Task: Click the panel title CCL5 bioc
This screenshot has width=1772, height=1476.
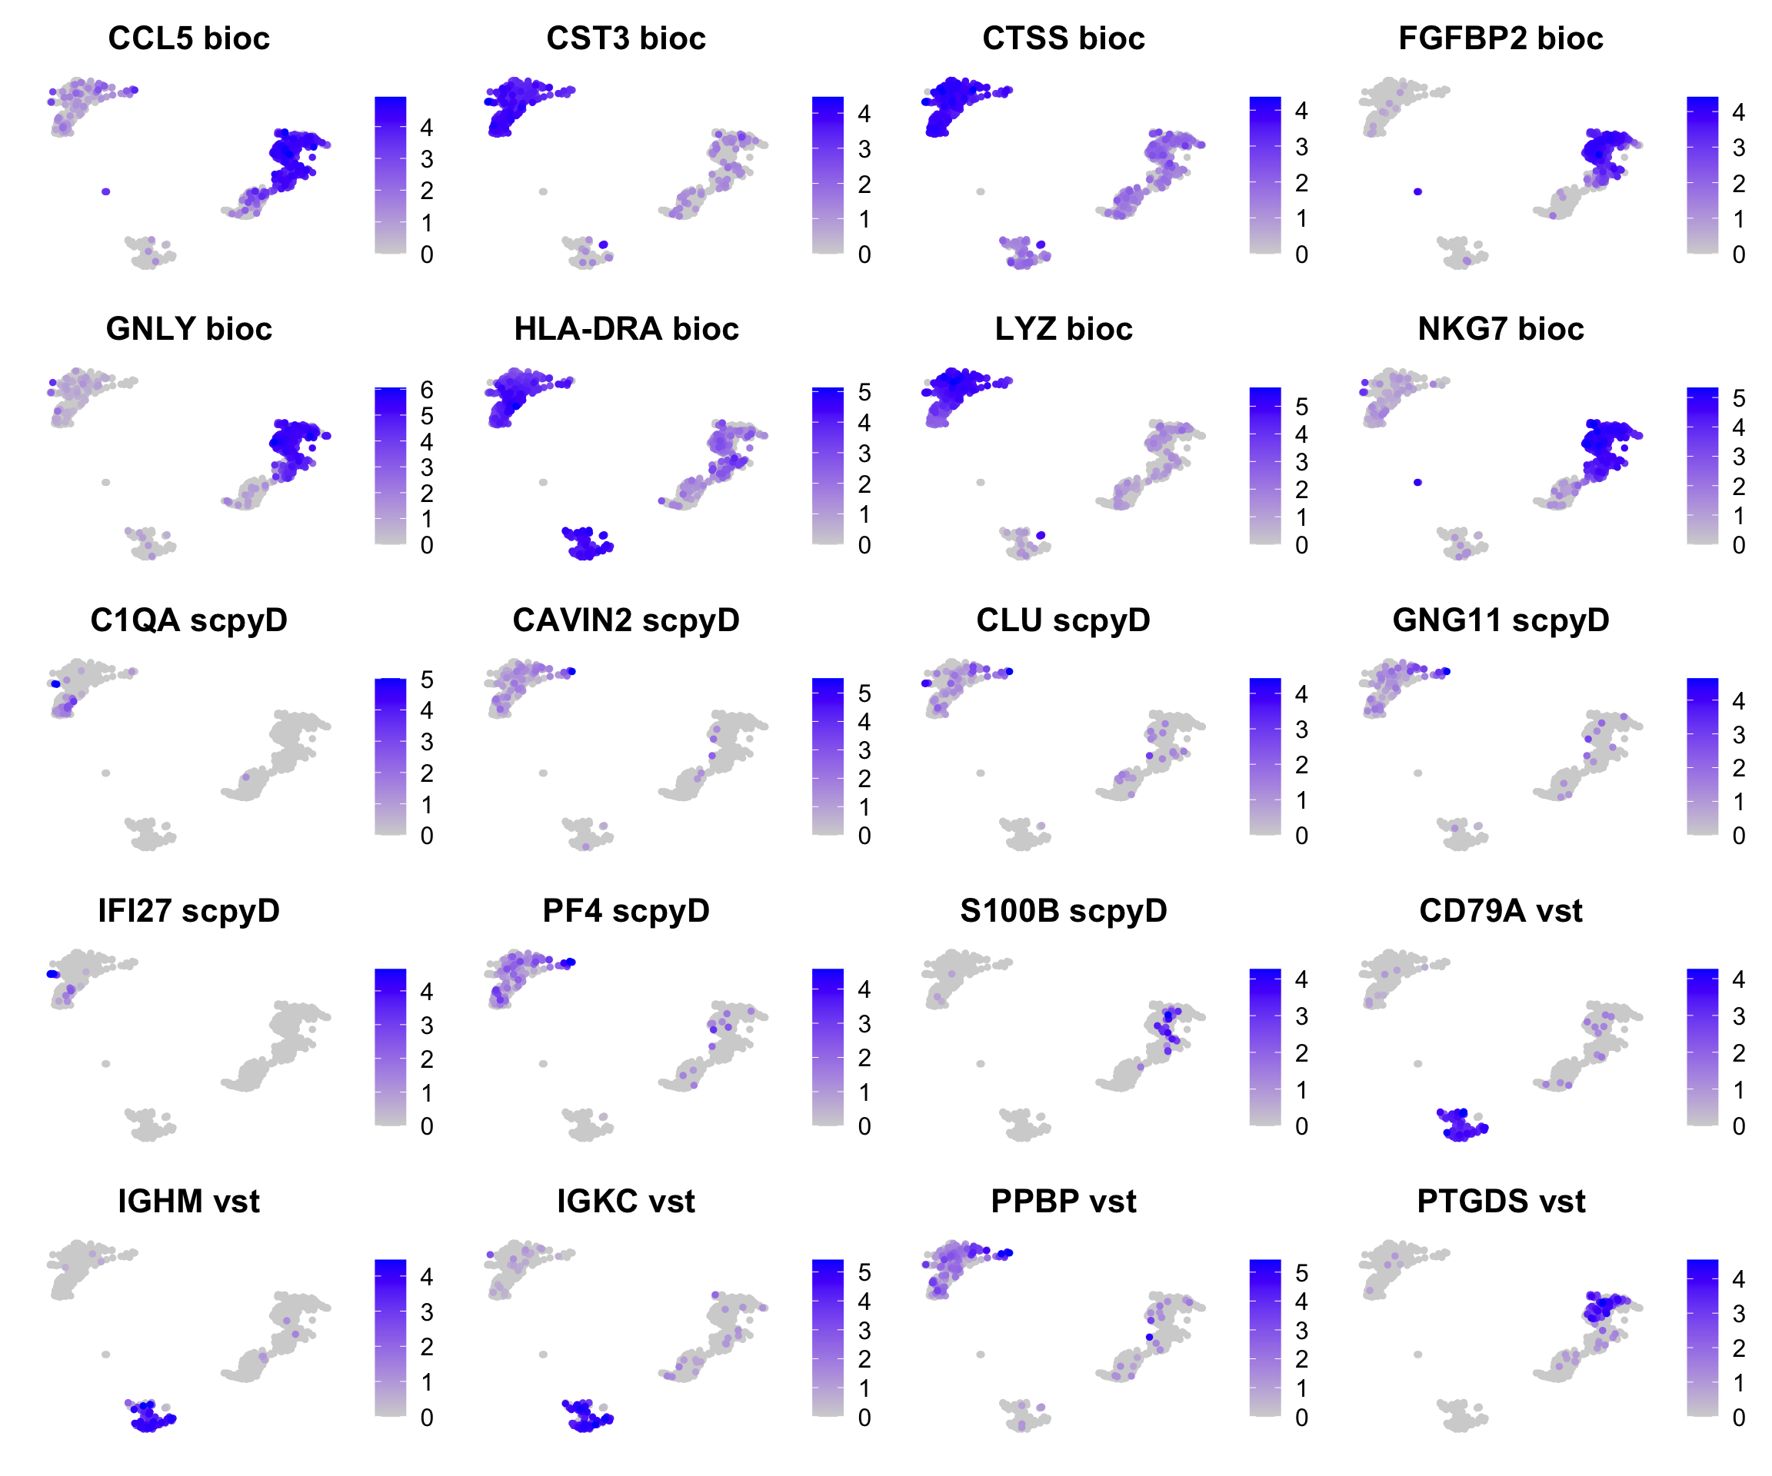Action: [x=189, y=38]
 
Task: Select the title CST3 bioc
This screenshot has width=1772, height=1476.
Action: [x=626, y=38]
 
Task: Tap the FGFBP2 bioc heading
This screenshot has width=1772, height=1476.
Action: [x=1501, y=38]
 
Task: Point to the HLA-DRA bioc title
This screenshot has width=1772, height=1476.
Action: [x=626, y=329]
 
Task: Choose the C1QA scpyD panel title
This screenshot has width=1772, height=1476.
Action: [x=189, y=620]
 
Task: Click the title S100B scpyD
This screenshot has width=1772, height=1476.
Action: [x=1063, y=911]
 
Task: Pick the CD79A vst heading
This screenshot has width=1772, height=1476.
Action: [x=1501, y=911]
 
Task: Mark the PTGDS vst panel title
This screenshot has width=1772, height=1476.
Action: [x=1501, y=1201]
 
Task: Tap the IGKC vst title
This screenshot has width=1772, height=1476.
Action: [x=626, y=1201]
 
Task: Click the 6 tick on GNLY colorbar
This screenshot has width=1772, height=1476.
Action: [x=427, y=390]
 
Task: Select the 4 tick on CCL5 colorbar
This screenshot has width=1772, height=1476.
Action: [x=427, y=128]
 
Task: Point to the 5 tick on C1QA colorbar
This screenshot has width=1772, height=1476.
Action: [x=427, y=680]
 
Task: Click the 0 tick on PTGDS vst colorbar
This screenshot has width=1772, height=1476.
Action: [x=1738, y=1418]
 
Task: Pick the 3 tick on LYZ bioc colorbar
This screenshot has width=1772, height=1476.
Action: [x=1302, y=462]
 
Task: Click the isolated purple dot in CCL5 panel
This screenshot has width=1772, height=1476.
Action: [x=105, y=191]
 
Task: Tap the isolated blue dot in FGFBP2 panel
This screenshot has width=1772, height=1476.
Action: [x=1417, y=191]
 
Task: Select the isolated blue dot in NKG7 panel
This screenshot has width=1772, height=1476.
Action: [x=1417, y=483]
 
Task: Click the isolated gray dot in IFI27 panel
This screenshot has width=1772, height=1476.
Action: [x=105, y=1063]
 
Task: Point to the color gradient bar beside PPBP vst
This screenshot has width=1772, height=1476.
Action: [x=1265, y=1338]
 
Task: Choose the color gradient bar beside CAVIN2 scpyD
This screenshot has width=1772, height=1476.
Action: [x=828, y=756]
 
